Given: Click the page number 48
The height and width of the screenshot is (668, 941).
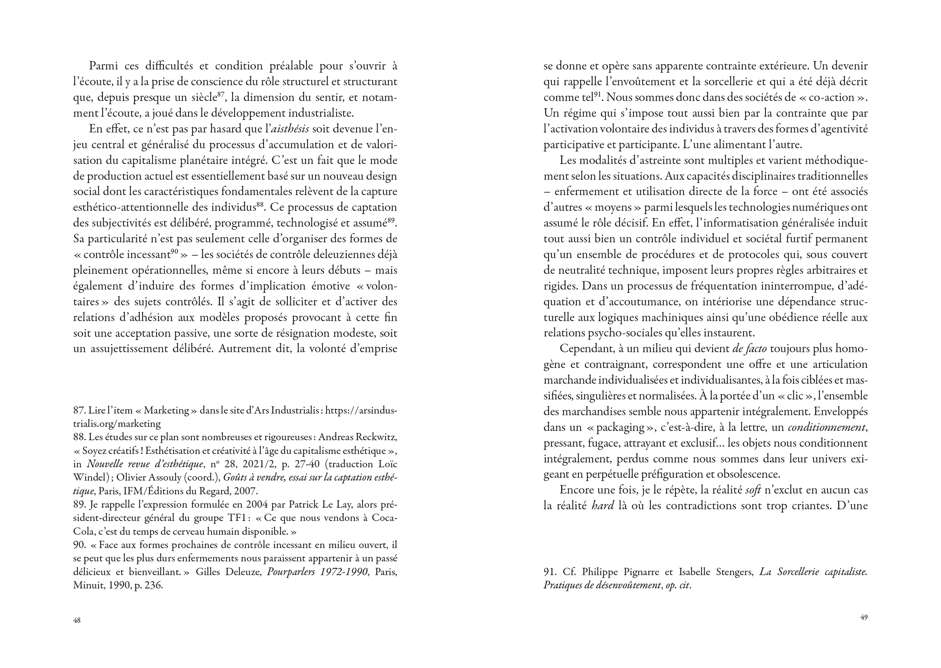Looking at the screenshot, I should click(77, 620).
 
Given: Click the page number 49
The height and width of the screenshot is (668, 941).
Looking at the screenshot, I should click(864, 617).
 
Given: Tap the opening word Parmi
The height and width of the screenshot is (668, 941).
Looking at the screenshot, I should click(102, 66).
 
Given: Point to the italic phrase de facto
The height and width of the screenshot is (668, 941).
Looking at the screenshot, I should click(749, 349).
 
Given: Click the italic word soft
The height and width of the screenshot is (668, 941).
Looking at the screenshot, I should click(753, 490).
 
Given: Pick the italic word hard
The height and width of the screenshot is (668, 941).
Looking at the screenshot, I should click(603, 506).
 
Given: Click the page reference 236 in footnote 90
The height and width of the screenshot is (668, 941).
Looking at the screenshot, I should click(153, 585).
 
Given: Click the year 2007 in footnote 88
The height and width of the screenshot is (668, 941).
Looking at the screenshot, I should click(245, 491).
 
